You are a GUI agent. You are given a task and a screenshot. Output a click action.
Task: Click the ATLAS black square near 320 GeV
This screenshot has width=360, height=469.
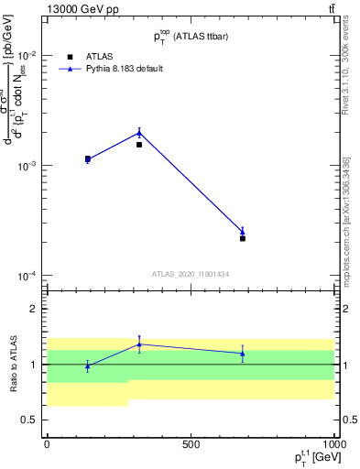(139, 145)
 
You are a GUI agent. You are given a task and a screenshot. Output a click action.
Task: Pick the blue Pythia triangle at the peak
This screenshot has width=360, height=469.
(139, 132)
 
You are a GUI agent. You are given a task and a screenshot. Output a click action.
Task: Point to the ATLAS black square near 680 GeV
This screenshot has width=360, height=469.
(243, 238)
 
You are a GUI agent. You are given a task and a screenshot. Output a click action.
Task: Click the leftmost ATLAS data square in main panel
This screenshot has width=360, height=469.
(88, 158)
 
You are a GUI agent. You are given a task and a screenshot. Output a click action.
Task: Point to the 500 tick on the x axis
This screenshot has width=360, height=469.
(191, 444)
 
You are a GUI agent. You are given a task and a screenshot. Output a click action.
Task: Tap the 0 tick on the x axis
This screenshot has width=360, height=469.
(47, 444)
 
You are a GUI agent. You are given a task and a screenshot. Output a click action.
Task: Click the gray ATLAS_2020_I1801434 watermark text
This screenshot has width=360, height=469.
(191, 274)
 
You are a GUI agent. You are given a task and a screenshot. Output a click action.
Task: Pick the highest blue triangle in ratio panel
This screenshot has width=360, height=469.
(139, 344)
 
